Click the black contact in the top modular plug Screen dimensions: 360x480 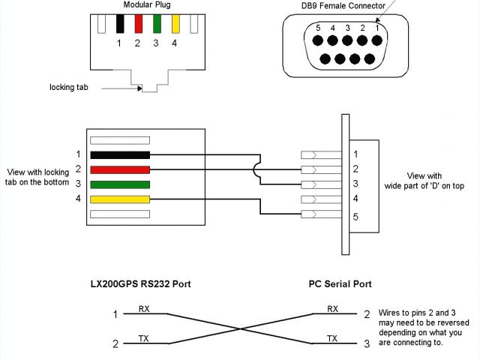point(120,23)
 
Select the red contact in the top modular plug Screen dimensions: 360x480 point(138,23)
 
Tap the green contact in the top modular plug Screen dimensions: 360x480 point(157,23)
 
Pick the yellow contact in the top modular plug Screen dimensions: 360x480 point(175,23)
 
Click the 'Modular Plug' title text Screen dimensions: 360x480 point(147,5)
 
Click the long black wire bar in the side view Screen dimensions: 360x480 point(120,154)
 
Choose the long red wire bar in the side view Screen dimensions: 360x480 point(120,169)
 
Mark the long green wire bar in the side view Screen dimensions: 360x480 point(120,184)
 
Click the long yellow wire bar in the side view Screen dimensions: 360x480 point(120,199)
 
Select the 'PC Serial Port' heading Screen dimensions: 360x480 point(340,284)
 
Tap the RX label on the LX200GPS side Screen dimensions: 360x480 point(145,308)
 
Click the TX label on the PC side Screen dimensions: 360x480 point(331,338)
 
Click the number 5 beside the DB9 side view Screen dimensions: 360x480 point(355,217)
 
